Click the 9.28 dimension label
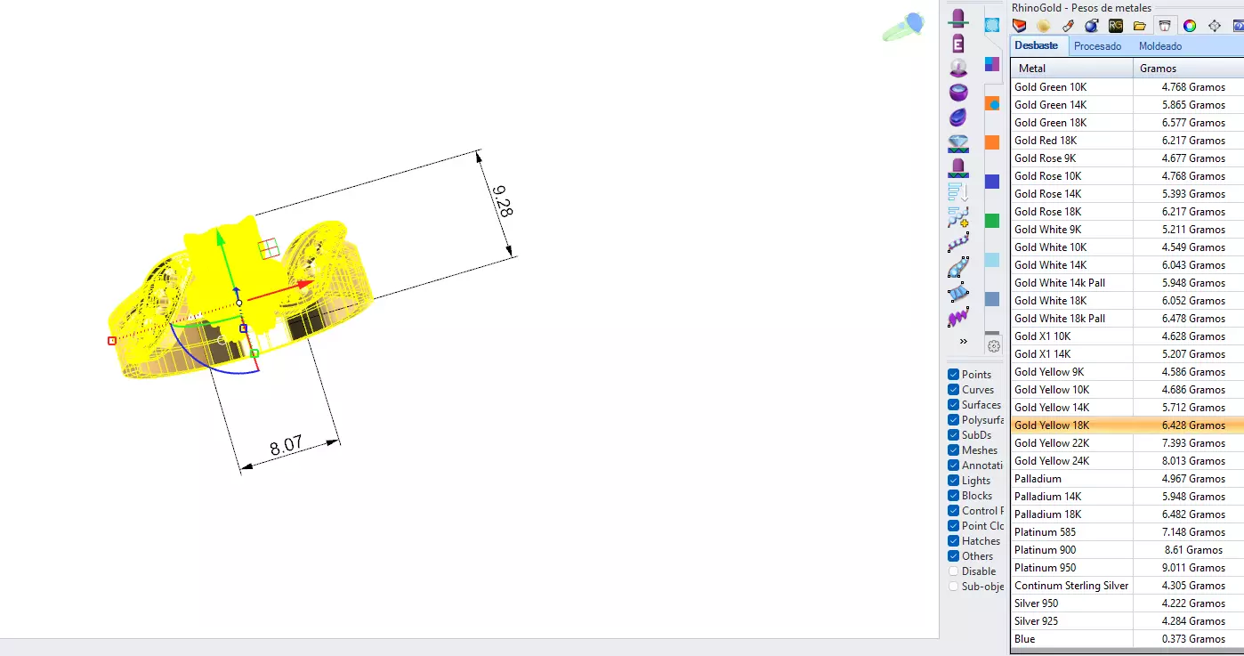coord(501,201)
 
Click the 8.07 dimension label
coord(287,445)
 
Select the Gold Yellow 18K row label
coord(1051,425)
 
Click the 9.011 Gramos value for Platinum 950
coord(1192,568)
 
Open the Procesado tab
coord(1097,46)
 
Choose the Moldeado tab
coord(1160,46)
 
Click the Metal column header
coord(1032,69)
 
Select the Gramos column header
coord(1158,69)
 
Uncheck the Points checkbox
coord(953,375)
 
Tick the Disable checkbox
coord(953,571)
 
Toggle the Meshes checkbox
coord(953,450)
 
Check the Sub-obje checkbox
coord(953,587)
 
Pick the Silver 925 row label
coord(1036,621)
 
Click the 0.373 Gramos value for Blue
coord(1192,639)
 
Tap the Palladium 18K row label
coord(1047,514)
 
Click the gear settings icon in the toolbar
coord(994,346)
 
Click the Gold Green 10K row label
coord(1050,87)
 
